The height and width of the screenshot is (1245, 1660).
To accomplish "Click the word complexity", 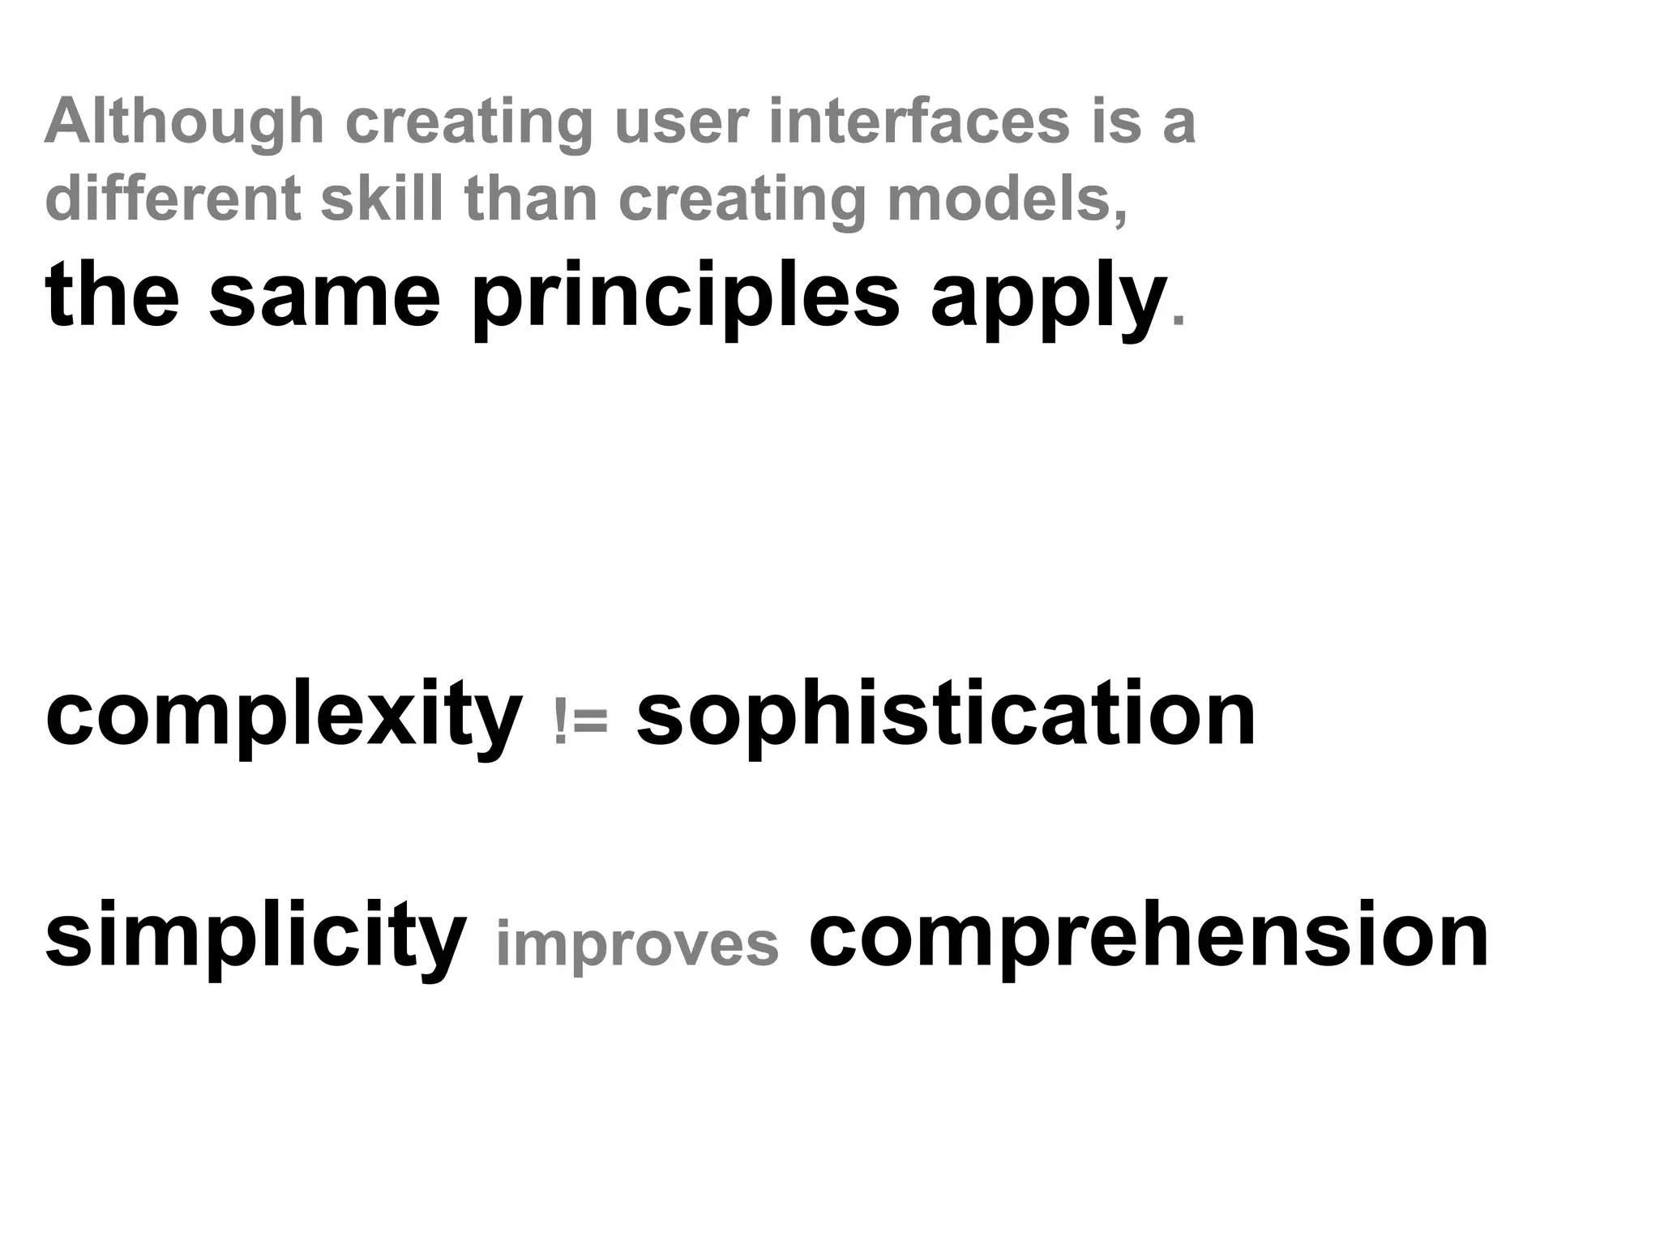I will [x=284, y=715].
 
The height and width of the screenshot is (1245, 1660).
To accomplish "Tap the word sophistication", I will [x=946, y=715].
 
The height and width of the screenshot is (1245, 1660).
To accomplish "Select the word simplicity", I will [x=255, y=936].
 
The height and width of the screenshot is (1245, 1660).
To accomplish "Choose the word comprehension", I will [x=1149, y=936].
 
